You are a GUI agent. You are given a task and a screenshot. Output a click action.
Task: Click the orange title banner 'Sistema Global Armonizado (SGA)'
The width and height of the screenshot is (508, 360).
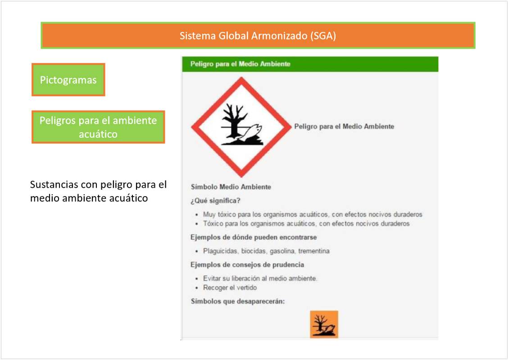(258, 36)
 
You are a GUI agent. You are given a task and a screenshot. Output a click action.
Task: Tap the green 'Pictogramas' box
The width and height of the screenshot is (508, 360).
(68, 80)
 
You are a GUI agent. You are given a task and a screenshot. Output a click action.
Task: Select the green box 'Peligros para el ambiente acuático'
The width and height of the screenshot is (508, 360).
(98, 127)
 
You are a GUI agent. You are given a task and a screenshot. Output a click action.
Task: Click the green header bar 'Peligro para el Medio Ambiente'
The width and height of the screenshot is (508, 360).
(310, 64)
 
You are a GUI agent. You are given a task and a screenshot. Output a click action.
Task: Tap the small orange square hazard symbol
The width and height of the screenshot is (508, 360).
(324, 324)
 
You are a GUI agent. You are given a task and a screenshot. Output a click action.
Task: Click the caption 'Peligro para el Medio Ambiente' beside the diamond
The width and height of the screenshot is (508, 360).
(344, 126)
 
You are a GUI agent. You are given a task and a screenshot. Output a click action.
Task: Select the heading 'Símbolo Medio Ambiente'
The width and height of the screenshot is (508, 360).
(231, 187)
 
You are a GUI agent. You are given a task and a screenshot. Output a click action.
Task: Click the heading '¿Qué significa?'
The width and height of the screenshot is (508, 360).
(215, 201)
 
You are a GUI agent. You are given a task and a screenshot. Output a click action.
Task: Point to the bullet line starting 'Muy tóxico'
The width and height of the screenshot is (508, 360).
(313, 214)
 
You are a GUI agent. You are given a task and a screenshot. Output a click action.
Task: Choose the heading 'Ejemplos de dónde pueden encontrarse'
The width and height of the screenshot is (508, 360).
(254, 237)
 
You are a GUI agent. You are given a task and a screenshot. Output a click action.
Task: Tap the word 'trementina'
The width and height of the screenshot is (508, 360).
(313, 251)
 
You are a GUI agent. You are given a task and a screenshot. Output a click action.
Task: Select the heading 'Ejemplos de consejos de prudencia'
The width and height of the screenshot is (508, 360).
(247, 265)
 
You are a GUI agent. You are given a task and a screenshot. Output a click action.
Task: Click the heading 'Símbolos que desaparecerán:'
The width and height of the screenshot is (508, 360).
(238, 301)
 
